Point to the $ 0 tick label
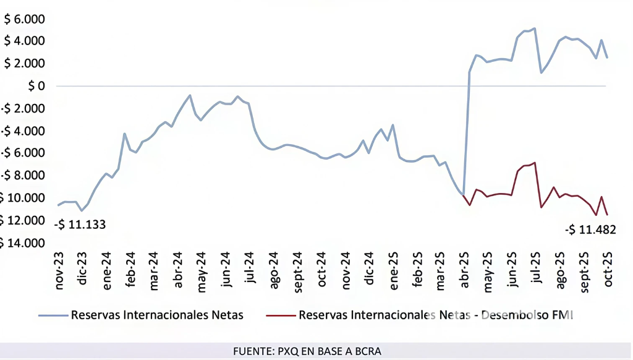click(36, 86)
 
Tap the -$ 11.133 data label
click(80, 225)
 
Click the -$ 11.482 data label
click(590, 230)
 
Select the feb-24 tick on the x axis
click(131, 270)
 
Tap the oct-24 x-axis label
click(322, 270)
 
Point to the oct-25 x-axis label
click(608, 270)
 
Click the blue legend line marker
click(53, 315)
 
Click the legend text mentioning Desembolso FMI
click(436, 315)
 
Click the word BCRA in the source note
click(368, 351)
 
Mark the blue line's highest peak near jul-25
click(534, 28)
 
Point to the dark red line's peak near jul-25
click(534, 163)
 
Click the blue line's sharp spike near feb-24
click(124, 134)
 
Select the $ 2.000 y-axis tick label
click(25, 64)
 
